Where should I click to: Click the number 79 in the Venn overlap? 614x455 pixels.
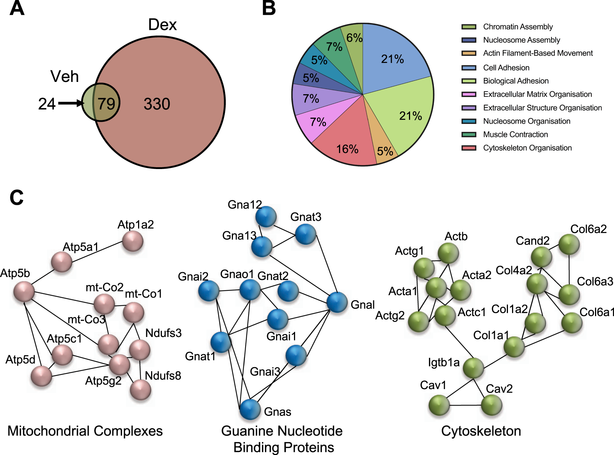[106, 104]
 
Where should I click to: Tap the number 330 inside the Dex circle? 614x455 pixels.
[157, 104]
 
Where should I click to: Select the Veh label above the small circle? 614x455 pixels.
[64, 76]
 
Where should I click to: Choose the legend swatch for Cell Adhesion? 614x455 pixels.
[469, 68]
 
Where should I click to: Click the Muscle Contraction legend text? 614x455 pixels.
[515, 134]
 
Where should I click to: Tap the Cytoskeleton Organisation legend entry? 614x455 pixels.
[527, 148]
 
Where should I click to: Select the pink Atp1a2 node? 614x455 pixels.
[133, 241]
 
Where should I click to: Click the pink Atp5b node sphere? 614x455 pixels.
[24, 291]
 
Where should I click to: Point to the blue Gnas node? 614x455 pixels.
[250, 409]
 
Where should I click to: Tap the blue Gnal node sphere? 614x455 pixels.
[337, 302]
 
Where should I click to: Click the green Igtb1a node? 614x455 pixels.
[473, 368]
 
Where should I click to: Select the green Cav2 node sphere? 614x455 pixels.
[492, 405]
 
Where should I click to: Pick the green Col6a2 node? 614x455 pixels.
[569, 244]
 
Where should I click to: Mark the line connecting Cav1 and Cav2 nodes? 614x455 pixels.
[465, 405]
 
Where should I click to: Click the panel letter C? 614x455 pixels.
[16, 198]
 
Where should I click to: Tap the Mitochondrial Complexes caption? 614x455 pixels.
[85, 431]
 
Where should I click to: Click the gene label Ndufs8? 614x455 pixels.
[163, 376]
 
